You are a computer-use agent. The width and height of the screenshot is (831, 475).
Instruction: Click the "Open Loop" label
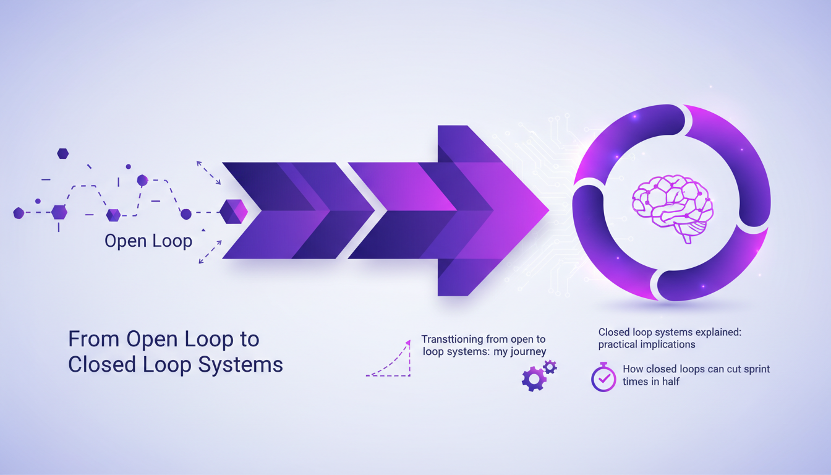point(148,241)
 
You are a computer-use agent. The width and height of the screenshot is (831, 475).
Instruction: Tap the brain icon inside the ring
point(672,208)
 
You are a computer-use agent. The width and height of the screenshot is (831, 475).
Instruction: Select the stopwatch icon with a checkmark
point(603,377)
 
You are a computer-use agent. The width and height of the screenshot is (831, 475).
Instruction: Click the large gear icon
point(534,379)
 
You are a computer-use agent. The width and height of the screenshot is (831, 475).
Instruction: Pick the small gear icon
point(550,367)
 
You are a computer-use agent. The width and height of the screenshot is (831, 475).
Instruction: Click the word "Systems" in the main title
point(241,365)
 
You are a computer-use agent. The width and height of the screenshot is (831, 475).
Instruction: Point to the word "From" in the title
point(94,339)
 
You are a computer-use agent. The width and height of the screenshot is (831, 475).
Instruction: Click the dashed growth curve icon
point(388,359)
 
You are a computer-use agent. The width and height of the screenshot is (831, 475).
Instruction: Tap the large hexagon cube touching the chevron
point(233,212)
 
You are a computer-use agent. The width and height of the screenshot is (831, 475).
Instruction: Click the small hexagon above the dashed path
point(62,153)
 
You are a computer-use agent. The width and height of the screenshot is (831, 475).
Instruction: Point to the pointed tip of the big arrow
point(549,210)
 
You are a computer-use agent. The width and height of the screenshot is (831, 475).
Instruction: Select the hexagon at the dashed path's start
point(19,213)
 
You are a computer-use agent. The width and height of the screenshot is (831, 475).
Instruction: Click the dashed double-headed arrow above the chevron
point(208,173)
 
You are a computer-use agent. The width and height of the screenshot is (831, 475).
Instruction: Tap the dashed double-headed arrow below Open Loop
point(210,252)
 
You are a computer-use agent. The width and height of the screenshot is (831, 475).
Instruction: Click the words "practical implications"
point(647,344)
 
